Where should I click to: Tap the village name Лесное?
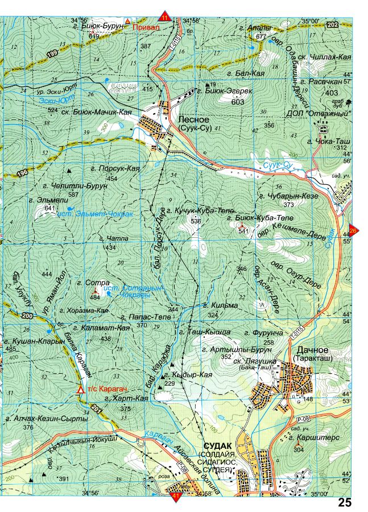(193, 120)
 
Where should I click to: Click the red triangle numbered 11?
(165, 16)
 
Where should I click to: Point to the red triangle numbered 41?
(175, 497)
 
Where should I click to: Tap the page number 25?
(345, 502)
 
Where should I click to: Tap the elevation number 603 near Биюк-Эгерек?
(238, 102)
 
